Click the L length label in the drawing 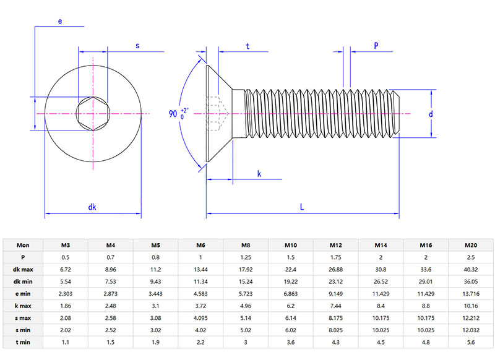(302, 207)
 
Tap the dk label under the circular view (93, 207)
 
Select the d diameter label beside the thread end (431, 114)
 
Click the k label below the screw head (259, 174)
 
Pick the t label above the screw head (247, 46)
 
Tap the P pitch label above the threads (376, 45)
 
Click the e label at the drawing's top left (60, 21)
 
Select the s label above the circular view (137, 45)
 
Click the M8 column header (246, 245)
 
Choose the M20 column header (470, 245)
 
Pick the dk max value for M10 (291, 269)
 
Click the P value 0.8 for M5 (156, 257)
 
